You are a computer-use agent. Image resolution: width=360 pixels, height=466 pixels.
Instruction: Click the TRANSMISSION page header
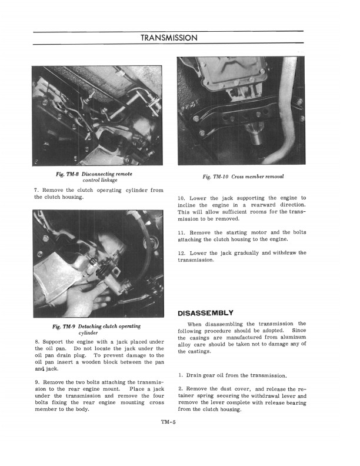coord(169,38)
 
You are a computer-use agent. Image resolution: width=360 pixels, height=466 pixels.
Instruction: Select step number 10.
coord(181,198)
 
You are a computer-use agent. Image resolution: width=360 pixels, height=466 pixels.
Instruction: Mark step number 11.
coord(181,232)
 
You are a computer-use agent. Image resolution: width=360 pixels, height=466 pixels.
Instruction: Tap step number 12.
coord(181,253)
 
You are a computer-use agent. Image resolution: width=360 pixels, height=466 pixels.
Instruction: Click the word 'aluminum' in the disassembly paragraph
coord(289,337)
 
